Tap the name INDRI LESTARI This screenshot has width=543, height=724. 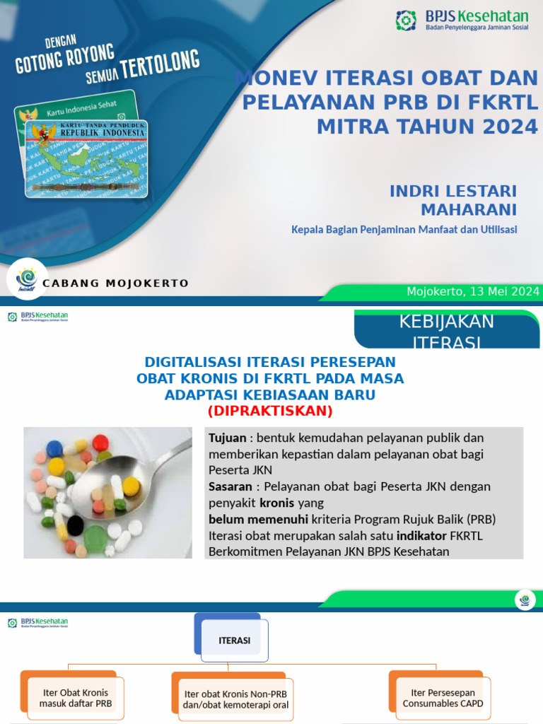(453, 191)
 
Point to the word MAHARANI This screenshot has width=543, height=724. (469, 209)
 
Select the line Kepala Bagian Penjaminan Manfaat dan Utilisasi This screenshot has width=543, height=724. (404, 230)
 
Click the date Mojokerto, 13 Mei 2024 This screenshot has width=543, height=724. (473, 291)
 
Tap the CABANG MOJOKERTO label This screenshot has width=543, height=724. (116, 284)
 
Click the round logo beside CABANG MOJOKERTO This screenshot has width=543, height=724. (27, 279)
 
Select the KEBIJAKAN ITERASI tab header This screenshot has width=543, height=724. (447, 331)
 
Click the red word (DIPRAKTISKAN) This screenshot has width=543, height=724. (269, 411)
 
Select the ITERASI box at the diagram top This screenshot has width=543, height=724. (234, 641)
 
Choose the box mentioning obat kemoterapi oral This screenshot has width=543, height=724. (235, 699)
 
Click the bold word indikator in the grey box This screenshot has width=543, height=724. (416, 535)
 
